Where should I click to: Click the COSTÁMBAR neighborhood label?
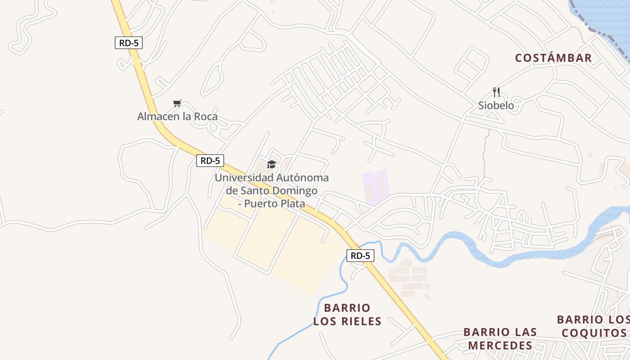(x=553, y=58)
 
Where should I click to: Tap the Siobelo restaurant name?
(x=496, y=106)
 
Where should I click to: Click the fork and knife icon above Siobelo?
(x=496, y=92)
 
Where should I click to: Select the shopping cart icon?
(x=177, y=103)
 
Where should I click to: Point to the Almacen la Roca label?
(x=177, y=117)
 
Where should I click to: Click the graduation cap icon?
(x=271, y=164)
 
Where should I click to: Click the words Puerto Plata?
(x=275, y=203)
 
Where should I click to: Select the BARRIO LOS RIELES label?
(x=347, y=315)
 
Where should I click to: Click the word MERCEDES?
(x=500, y=346)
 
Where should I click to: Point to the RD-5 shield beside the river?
(x=360, y=256)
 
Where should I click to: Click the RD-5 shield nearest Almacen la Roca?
(x=128, y=43)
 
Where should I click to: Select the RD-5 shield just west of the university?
(x=210, y=161)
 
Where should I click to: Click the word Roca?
(x=206, y=117)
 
